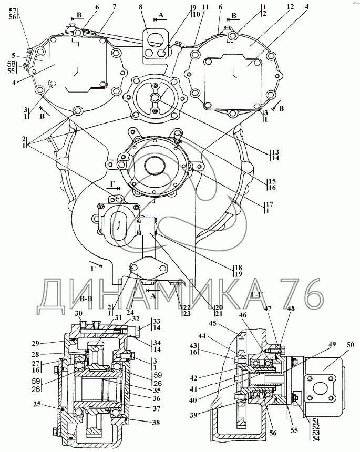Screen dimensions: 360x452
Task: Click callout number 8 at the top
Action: pyautogui.click(x=141, y=7)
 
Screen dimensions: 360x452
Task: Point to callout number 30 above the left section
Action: pyautogui.click(x=78, y=314)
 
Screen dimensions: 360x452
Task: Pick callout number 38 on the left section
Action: pyautogui.click(x=156, y=422)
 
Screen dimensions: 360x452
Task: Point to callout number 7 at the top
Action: pyautogui.click(x=115, y=7)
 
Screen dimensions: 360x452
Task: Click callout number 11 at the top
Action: pyautogui.click(x=205, y=7)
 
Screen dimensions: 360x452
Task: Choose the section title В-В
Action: pyautogui.click(x=85, y=299)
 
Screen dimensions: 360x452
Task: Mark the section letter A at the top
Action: pyautogui.click(x=161, y=15)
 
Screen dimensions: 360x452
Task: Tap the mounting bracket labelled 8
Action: pyautogui.click(x=155, y=43)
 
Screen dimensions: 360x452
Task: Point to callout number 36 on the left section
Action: pyautogui.click(x=156, y=398)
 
